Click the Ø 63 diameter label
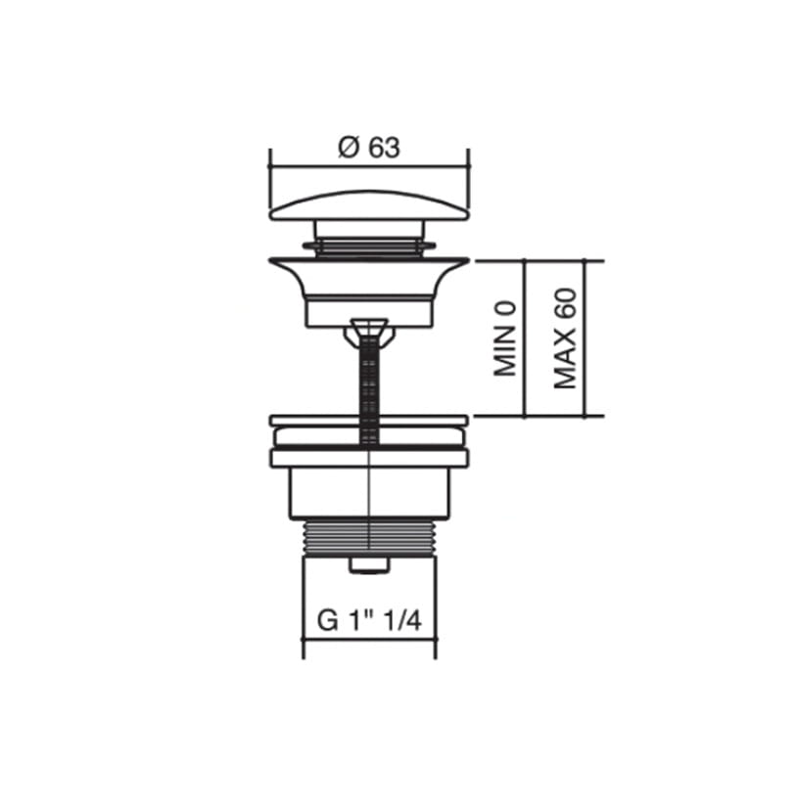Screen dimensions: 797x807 click(x=369, y=149)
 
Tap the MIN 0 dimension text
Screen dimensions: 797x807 click(x=505, y=337)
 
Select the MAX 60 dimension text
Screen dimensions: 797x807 click(x=565, y=338)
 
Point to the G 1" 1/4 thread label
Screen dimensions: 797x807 click(x=369, y=621)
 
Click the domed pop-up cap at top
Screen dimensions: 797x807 click(x=369, y=205)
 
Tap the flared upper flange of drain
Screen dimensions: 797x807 click(x=369, y=277)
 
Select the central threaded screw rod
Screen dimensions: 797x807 click(x=369, y=391)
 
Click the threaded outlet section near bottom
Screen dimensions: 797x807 click(x=369, y=537)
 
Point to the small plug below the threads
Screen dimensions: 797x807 click(x=369, y=564)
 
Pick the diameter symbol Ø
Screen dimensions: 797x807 click(x=349, y=149)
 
